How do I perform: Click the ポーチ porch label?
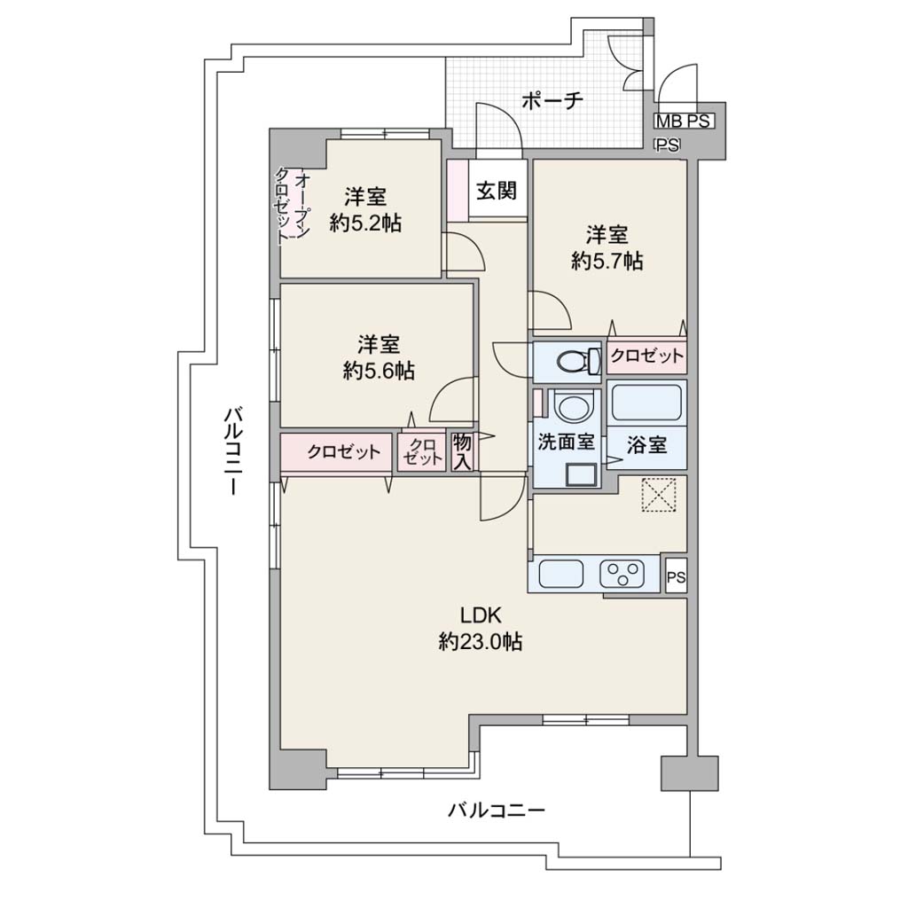552,101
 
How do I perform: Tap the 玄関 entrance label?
497,190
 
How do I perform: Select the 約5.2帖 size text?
365,223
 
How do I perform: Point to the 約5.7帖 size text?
607,262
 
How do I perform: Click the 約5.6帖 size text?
378,371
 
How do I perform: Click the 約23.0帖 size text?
480,641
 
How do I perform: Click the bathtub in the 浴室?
646,403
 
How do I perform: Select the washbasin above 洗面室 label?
574,407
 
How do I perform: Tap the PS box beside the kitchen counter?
676,575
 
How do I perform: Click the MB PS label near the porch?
684,121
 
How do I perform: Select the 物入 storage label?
463,451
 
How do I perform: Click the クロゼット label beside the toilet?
646,356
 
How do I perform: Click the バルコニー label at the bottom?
497,810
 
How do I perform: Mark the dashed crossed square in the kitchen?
659,495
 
